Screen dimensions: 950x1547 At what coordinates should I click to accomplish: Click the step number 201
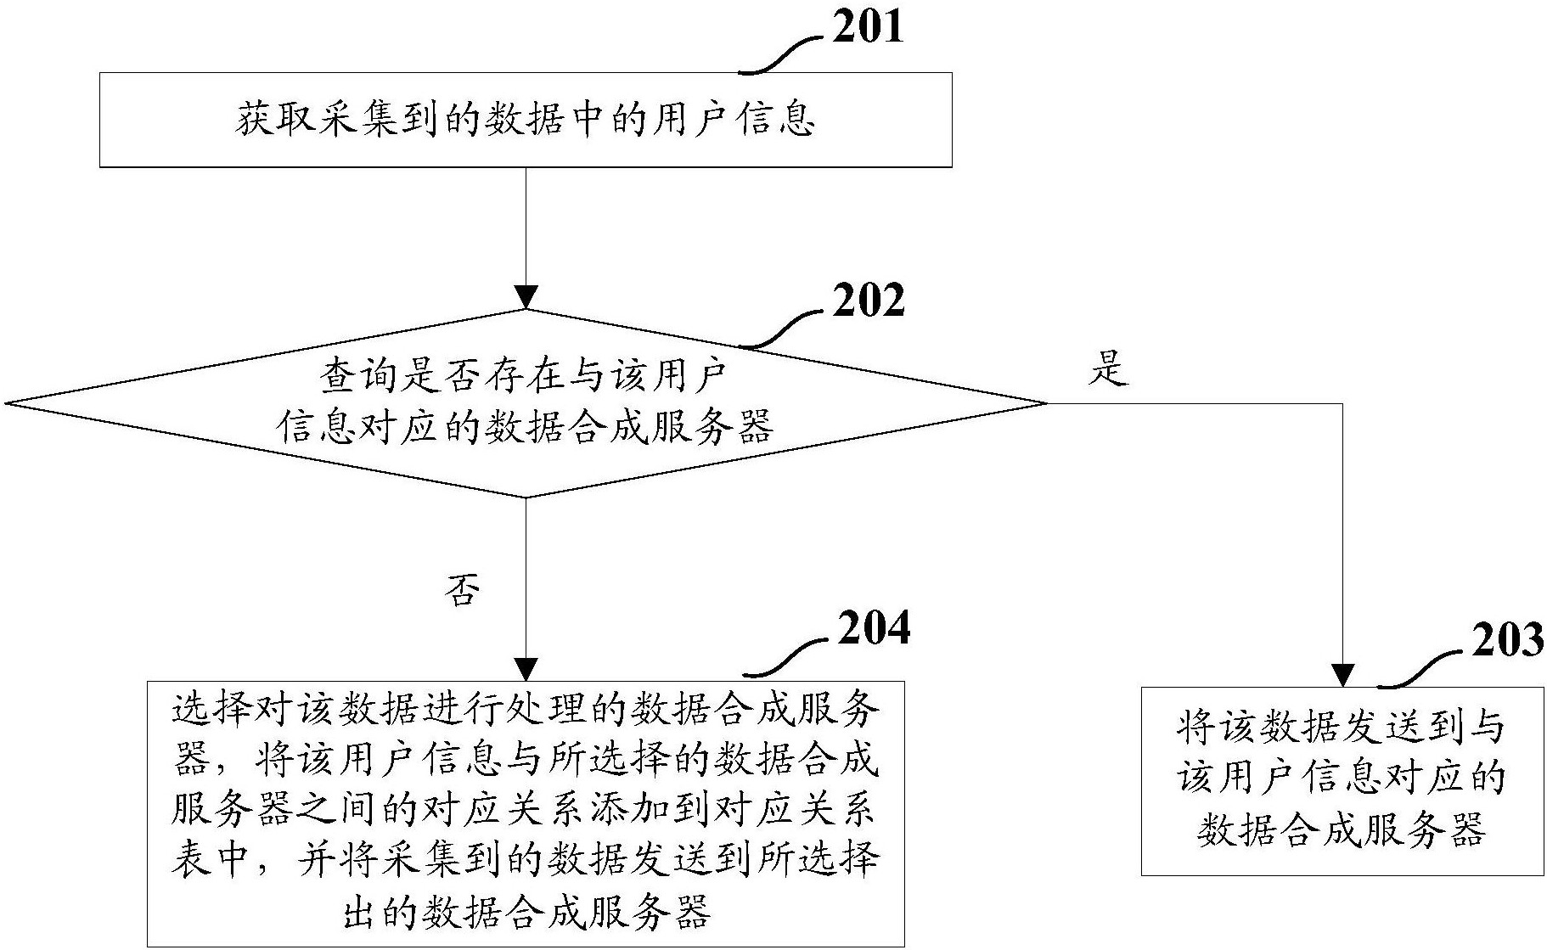tap(867, 27)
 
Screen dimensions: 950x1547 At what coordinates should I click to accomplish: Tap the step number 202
tap(868, 301)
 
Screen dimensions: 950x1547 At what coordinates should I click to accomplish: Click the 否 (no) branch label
tap(463, 591)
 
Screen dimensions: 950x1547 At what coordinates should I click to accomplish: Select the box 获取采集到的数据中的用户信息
tap(526, 120)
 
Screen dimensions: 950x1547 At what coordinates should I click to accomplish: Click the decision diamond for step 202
tap(526, 403)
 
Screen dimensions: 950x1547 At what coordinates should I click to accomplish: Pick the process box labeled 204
tap(526, 812)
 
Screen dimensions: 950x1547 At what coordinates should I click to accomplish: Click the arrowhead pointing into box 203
tap(1342, 675)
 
